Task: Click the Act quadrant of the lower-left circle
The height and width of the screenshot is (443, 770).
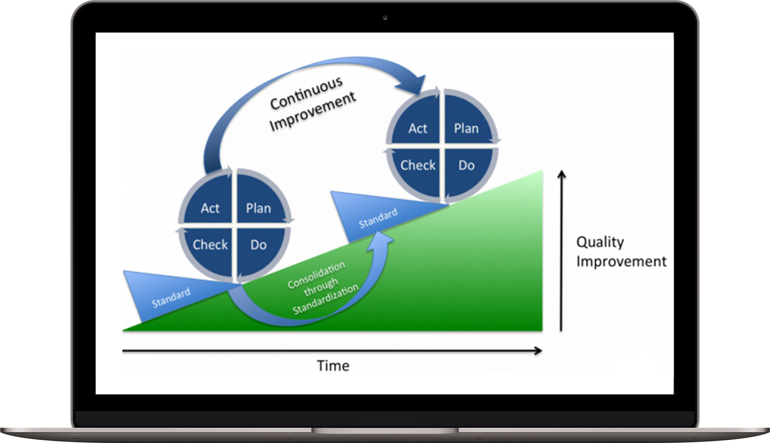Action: pyautogui.click(x=210, y=208)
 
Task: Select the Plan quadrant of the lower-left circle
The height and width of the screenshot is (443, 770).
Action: pyautogui.click(x=258, y=208)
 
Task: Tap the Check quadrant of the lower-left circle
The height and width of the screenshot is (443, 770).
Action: pyautogui.click(x=210, y=244)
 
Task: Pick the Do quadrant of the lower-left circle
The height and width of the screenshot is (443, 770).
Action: pyautogui.click(x=258, y=244)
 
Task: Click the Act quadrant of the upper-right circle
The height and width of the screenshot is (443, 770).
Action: pyautogui.click(x=418, y=128)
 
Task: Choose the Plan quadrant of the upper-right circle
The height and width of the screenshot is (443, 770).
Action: pyautogui.click(x=466, y=128)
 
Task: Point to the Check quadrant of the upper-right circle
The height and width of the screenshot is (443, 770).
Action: pyautogui.click(x=418, y=165)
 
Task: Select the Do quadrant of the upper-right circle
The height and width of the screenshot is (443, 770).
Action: pyautogui.click(x=466, y=165)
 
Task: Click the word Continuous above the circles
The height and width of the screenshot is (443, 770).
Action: pyautogui.click(x=306, y=93)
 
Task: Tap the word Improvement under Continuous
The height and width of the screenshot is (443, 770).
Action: pyautogui.click(x=313, y=112)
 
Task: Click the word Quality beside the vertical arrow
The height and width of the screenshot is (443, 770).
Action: pyautogui.click(x=600, y=242)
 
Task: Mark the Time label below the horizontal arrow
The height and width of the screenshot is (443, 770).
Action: pyautogui.click(x=333, y=365)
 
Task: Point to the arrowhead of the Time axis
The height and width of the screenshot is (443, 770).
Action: pyautogui.click(x=539, y=351)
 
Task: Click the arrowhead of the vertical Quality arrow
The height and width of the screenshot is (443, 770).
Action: pyautogui.click(x=562, y=174)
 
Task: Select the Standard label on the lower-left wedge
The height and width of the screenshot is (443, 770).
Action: pyautogui.click(x=171, y=298)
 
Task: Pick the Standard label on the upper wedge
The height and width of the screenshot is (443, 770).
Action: pyautogui.click(x=378, y=218)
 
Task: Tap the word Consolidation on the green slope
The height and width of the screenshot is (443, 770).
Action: pyautogui.click(x=316, y=275)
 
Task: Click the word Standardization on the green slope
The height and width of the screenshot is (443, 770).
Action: pyautogui.click(x=326, y=299)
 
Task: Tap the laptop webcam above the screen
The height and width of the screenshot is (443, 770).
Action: pyautogui.click(x=385, y=18)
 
